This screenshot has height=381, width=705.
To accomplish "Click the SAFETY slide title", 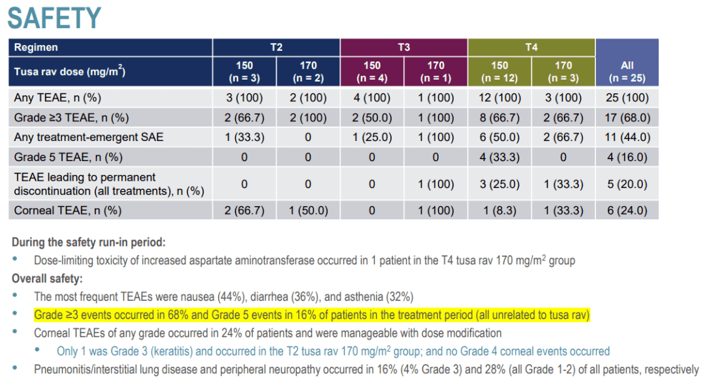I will (x=54, y=18).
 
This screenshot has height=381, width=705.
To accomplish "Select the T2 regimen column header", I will (x=276, y=47).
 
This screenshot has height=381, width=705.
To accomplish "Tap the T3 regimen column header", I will (x=404, y=47).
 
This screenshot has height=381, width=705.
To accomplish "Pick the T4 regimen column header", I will (x=531, y=47).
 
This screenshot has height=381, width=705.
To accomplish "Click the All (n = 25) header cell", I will (x=627, y=71).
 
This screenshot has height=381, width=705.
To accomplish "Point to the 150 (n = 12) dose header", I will (x=499, y=71).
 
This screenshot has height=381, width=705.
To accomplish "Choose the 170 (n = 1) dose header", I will (x=435, y=71).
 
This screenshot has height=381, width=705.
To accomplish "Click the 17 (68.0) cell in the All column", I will (x=627, y=118).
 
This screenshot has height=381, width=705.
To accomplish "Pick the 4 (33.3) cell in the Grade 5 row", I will (x=499, y=158).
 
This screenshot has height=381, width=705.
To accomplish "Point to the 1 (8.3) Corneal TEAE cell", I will (x=499, y=211).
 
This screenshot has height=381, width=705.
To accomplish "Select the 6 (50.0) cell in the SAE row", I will (x=499, y=138).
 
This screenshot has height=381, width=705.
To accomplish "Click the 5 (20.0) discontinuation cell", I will (x=627, y=184).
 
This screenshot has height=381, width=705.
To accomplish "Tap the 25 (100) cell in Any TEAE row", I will (x=627, y=98).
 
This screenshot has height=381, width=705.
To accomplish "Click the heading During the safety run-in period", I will (x=89, y=242).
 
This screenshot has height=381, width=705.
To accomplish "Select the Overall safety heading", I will (x=46, y=278).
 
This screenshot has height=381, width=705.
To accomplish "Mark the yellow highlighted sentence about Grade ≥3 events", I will (x=312, y=315).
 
